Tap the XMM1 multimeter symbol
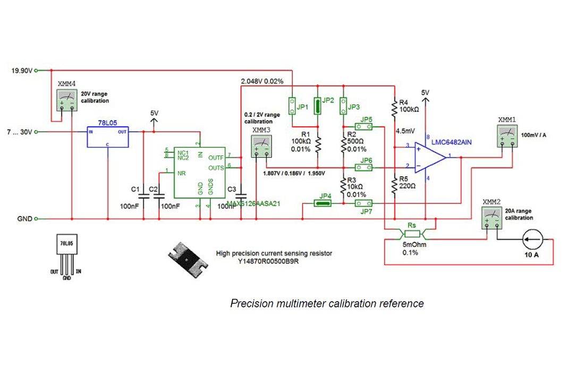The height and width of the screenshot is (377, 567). tap(507, 136)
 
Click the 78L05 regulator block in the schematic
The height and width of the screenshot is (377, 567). tap(108, 136)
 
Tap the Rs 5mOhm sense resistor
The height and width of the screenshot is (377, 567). tap(411, 233)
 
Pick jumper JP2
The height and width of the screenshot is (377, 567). tap(317, 105)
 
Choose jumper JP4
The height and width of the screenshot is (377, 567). tap(323, 203)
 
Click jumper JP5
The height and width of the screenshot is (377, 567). tap(366, 126)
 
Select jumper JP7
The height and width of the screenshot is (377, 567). tap(366, 203)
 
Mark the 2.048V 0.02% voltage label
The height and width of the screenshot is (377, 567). tap(262, 82)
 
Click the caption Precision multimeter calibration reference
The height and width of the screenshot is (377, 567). tap(327, 303)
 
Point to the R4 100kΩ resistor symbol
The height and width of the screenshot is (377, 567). tap(394, 109)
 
